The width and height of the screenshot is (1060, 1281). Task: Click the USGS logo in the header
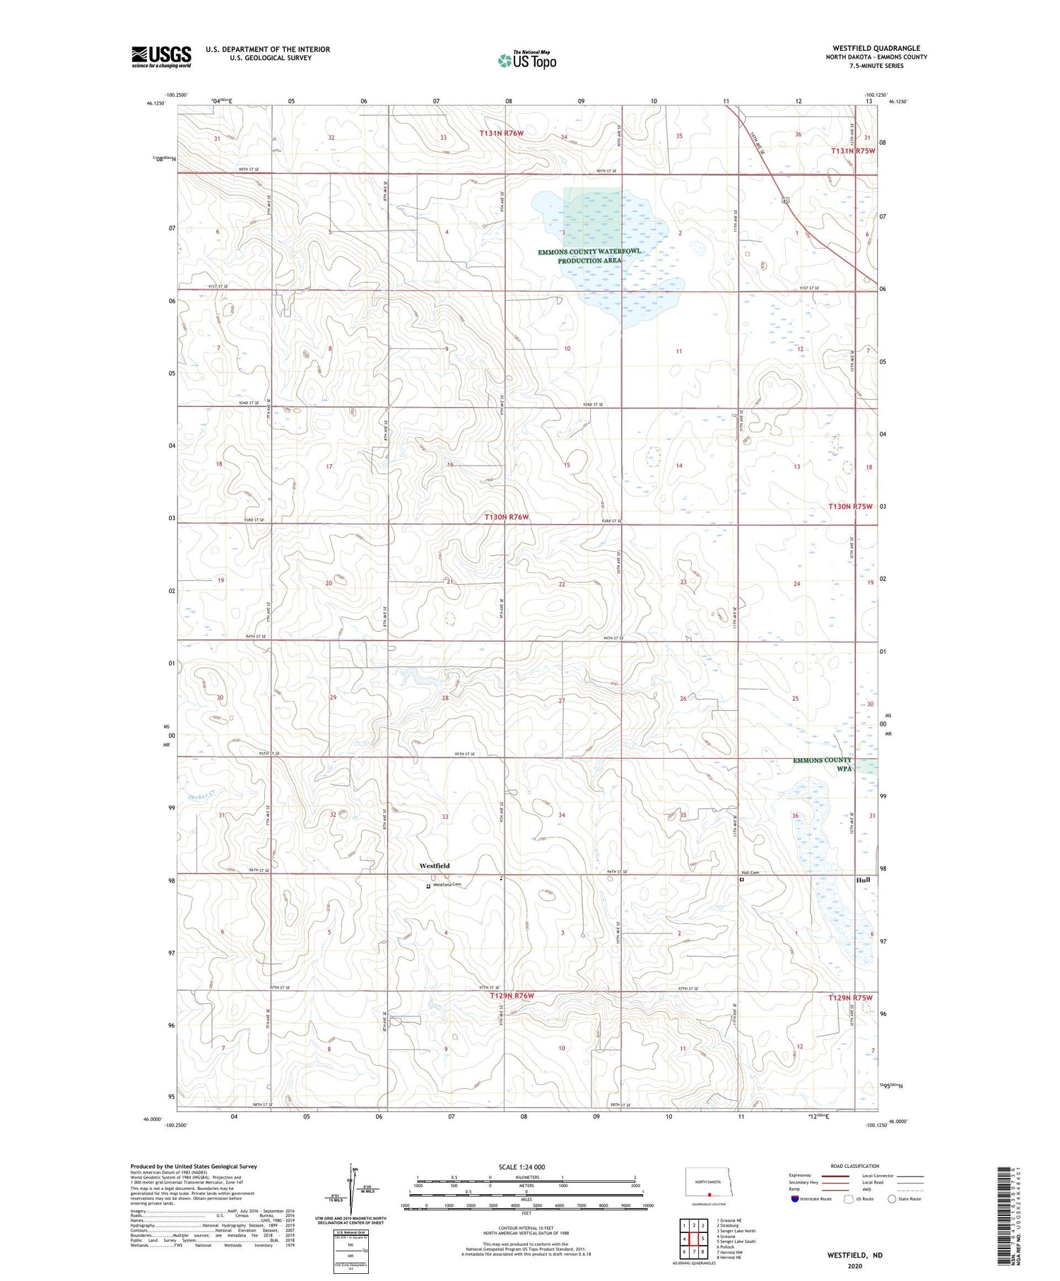pyautogui.click(x=161, y=57)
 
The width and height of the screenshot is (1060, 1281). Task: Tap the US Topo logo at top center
pyautogui.click(x=526, y=61)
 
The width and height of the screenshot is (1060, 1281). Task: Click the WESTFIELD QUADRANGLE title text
pyautogui.click(x=876, y=49)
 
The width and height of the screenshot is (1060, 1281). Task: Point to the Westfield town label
pyautogui.click(x=434, y=866)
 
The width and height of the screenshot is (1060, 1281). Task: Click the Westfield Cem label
pyautogui.click(x=447, y=885)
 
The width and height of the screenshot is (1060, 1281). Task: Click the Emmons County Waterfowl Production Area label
pyautogui.click(x=589, y=256)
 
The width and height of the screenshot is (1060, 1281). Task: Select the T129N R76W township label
pyautogui.click(x=512, y=996)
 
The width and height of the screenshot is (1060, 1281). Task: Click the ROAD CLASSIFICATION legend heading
pyautogui.click(x=854, y=1166)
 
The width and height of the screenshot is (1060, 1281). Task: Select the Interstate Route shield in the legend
pyautogui.click(x=794, y=1199)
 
